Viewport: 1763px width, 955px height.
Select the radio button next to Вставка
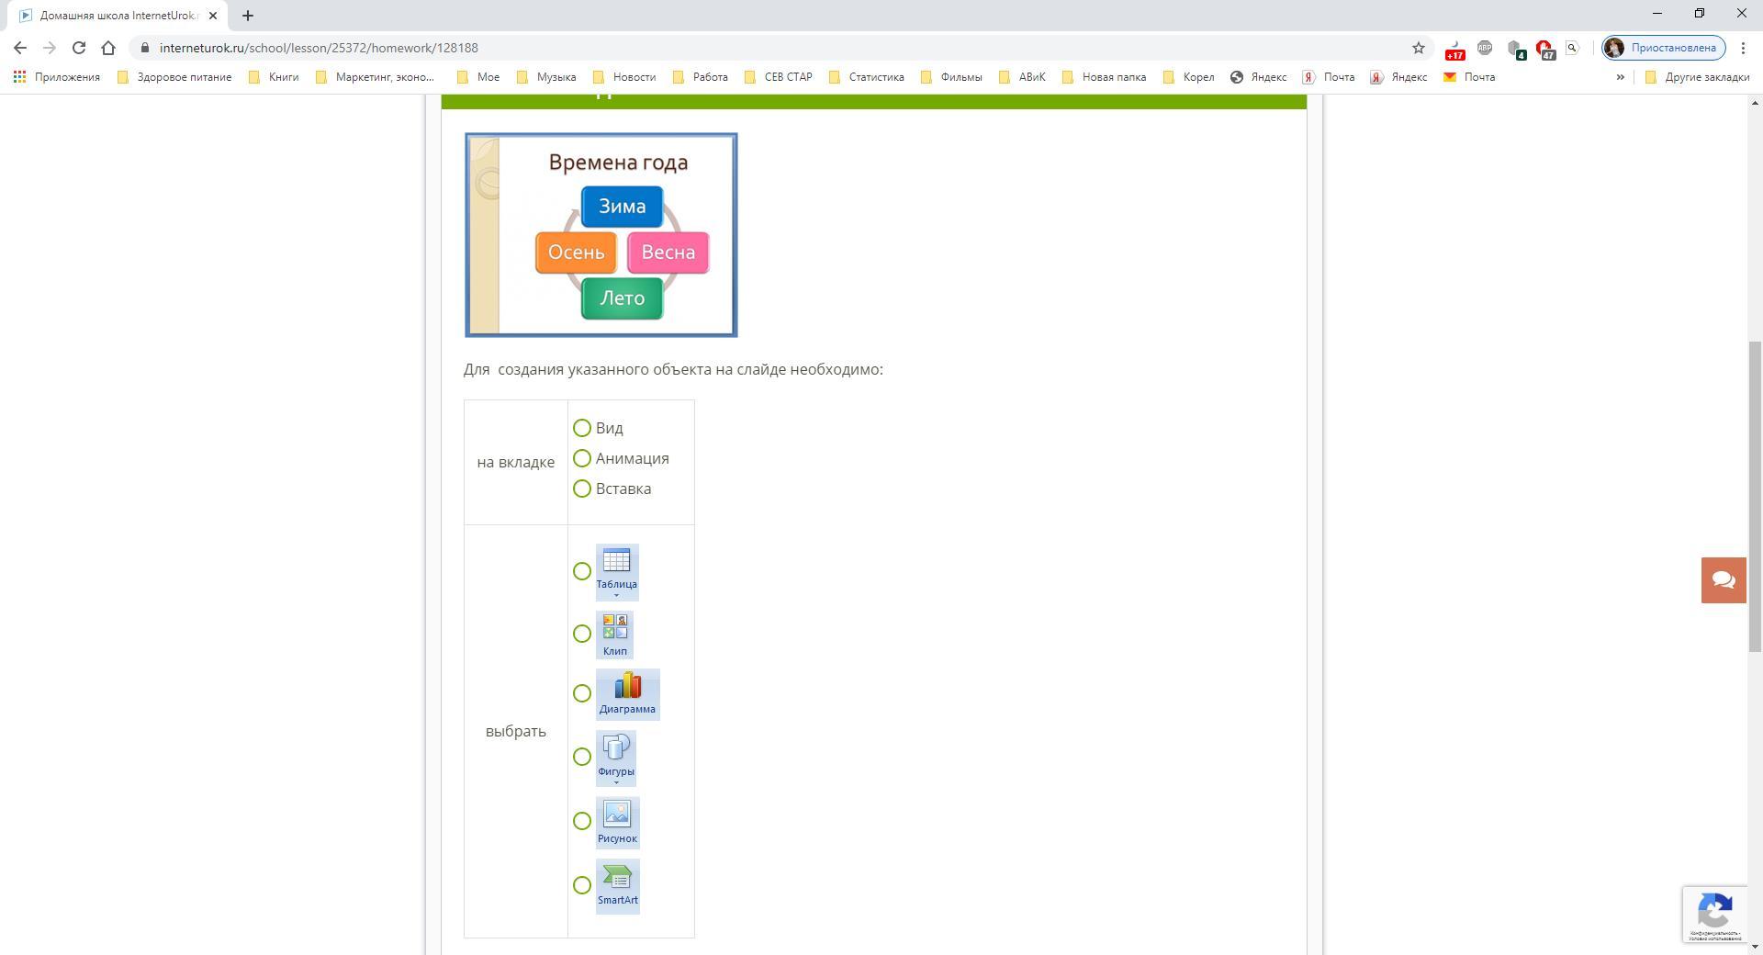pyautogui.click(x=582, y=489)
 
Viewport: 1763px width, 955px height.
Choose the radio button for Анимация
pyautogui.click(x=582, y=458)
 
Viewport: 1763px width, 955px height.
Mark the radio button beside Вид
pyautogui.click(x=582, y=428)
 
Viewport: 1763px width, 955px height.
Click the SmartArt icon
pyautogui.click(x=617, y=885)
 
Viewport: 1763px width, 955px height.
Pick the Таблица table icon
pyautogui.click(x=616, y=570)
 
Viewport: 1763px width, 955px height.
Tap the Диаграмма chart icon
pyautogui.click(x=627, y=693)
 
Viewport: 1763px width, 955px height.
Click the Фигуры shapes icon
pyautogui.click(x=615, y=757)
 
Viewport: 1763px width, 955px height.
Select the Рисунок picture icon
pyautogui.click(x=616, y=821)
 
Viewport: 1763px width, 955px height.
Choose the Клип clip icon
pyautogui.click(x=614, y=634)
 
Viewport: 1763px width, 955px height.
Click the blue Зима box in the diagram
pyautogui.click(x=622, y=207)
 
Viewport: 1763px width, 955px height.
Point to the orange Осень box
pyautogui.click(x=576, y=253)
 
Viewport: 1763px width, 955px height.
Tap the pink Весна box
pyautogui.click(x=668, y=253)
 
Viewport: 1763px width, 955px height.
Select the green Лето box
pyautogui.click(x=622, y=298)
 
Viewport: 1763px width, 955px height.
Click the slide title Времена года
pyautogui.click(x=618, y=163)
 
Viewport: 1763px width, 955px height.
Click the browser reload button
pyautogui.click(x=79, y=48)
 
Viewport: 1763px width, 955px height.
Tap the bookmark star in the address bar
pyautogui.click(x=1418, y=48)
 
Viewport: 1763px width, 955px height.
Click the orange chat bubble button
pyautogui.click(x=1724, y=580)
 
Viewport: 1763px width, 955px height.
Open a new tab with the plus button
pyautogui.click(x=248, y=16)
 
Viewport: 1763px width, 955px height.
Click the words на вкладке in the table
pyautogui.click(x=515, y=462)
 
